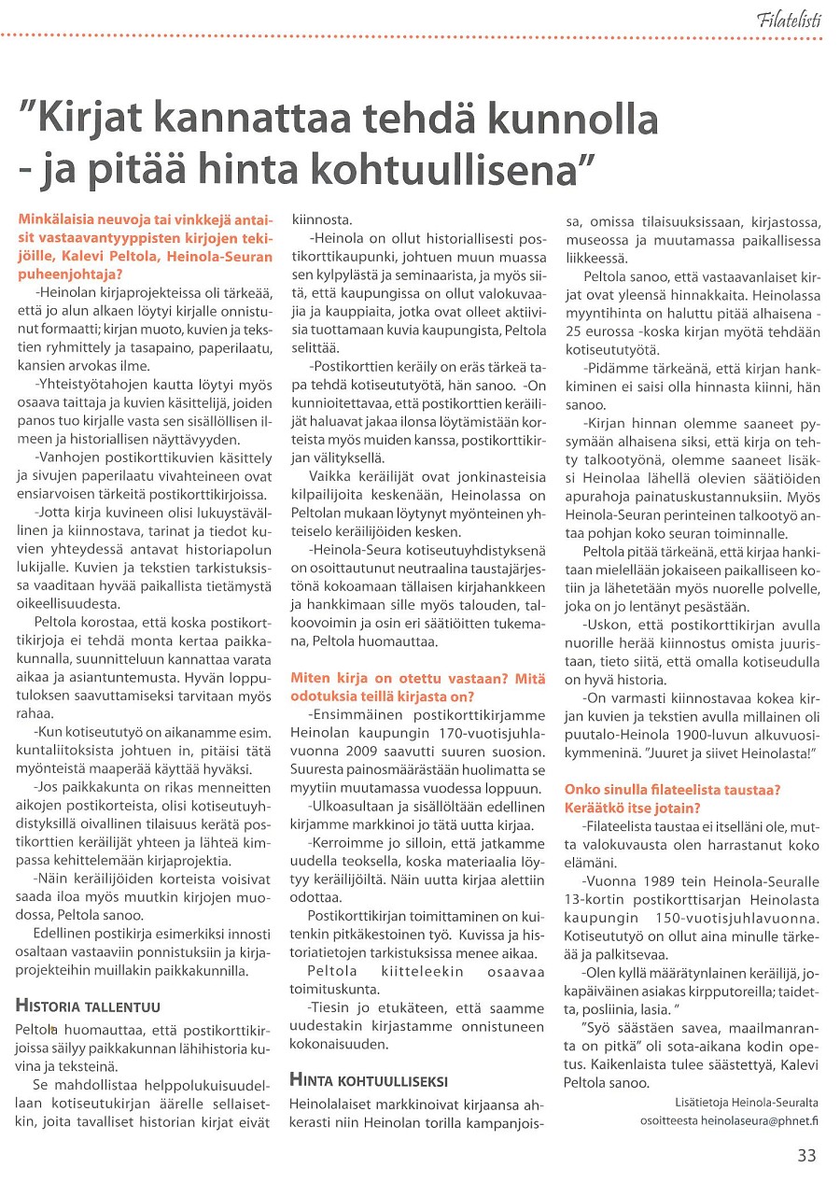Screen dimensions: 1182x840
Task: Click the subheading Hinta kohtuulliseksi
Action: point(369,1081)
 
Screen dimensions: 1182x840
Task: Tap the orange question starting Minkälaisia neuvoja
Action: point(145,238)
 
